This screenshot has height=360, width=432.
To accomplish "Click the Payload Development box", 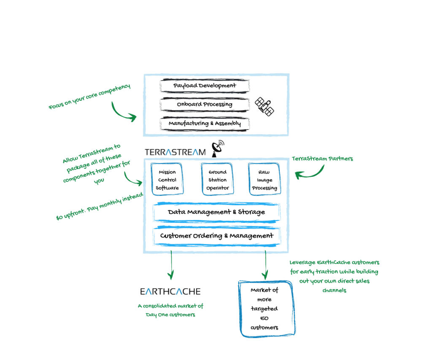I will (205, 86).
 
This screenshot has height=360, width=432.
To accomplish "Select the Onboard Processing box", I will (205, 105).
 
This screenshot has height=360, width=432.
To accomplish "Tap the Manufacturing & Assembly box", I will (205, 124).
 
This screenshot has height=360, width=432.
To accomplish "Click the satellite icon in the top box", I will (265, 106).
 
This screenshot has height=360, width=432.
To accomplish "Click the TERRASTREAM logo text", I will (175, 152).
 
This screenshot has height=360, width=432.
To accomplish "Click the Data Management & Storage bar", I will (216, 212).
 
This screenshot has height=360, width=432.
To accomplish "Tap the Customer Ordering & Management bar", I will (216, 236).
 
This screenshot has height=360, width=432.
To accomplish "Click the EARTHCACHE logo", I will (170, 291).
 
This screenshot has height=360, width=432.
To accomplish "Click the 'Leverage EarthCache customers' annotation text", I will (335, 276).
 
